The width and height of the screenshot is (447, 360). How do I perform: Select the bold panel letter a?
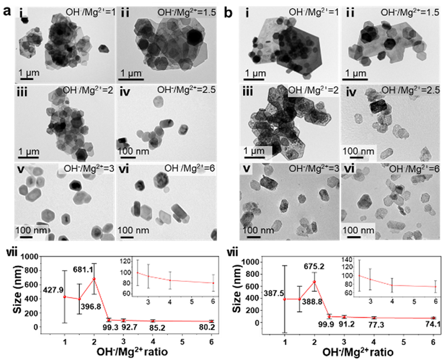[x=6, y=10]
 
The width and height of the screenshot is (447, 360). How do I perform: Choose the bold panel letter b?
[x=230, y=10]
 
